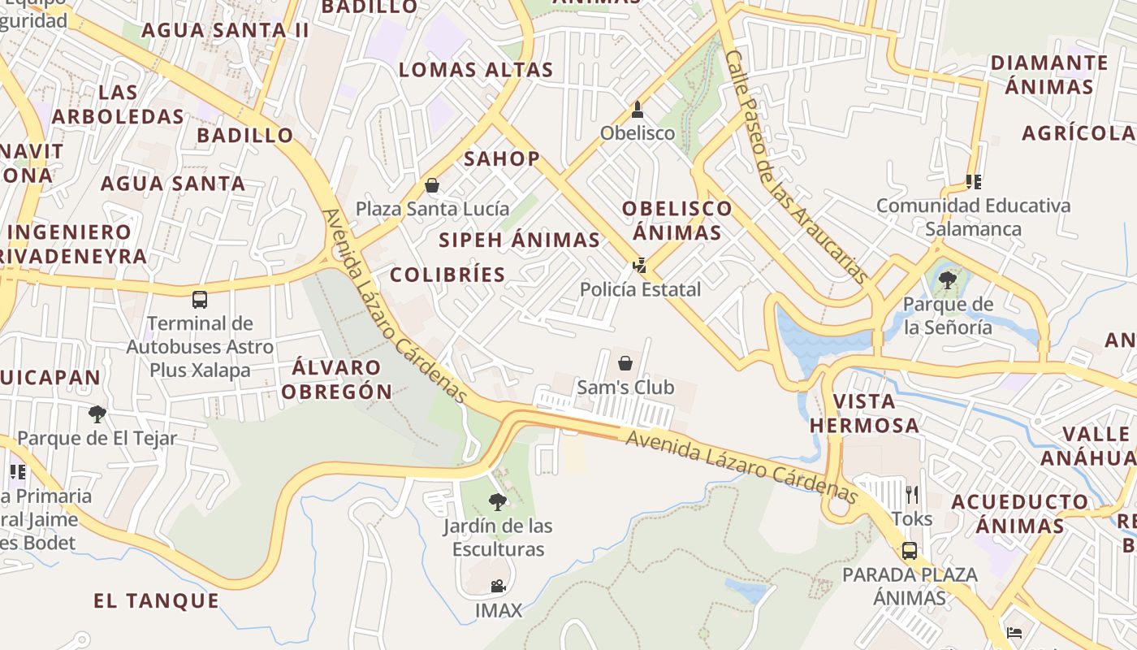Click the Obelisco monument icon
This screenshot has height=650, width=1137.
pyautogui.click(x=638, y=109)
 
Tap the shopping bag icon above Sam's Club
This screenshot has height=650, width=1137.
pyautogui.click(x=625, y=363)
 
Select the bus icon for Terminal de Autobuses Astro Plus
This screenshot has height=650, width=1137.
pyautogui.click(x=200, y=300)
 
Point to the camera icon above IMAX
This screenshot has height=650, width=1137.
pyautogui.click(x=498, y=586)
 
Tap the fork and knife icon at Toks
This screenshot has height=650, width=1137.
pyautogui.click(x=912, y=494)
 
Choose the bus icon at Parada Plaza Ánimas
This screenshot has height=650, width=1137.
pyautogui.click(x=910, y=551)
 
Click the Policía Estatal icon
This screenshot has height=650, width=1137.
pyautogui.click(x=640, y=265)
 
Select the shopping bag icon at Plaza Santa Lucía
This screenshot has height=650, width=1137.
pyautogui.click(x=432, y=186)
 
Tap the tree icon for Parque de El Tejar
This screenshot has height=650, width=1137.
pyautogui.click(x=97, y=414)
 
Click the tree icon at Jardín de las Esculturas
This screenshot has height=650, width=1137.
pyautogui.click(x=498, y=502)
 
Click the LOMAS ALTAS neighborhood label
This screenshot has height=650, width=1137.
pyautogui.click(x=476, y=70)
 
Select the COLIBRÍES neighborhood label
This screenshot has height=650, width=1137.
pyautogui.click(x=447, y=275)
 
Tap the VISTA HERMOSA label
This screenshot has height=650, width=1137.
pyautogui.click(x=864, y=413)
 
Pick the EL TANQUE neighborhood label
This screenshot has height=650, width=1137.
pyautogui.click(x=157, y=601)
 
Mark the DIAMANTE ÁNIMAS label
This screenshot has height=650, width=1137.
pyautogui.click(x=1048, y=74)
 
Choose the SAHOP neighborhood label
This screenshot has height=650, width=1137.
pyautogui.click(x=502, y=158)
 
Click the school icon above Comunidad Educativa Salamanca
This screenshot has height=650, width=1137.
pyautogui.click(x=973, y=182)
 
